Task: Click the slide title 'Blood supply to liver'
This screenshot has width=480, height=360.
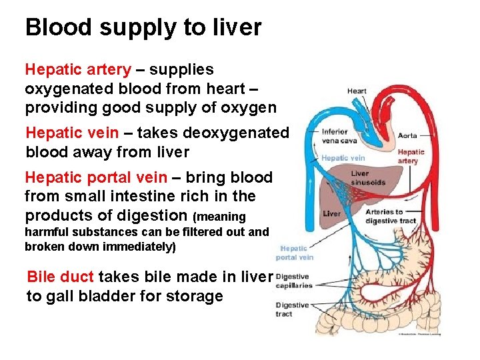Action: click(143, 28)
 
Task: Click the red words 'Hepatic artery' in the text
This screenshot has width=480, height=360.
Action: click(78, 69)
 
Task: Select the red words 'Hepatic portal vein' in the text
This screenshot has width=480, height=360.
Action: click(95, 177)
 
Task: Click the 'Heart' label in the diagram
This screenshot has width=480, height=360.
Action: click(357, 91)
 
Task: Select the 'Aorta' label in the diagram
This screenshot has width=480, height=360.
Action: click(407, 135)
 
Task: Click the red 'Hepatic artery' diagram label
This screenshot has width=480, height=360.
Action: click(411, 157)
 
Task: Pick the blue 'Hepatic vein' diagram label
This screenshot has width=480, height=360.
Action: click(343, 158)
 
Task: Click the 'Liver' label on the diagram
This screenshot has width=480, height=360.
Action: click(331, 214)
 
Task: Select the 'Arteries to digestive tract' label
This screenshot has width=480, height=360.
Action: click(391, 216)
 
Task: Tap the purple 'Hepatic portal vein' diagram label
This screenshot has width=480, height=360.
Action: click(295, 253)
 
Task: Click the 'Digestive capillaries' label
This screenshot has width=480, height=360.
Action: click(293, 281)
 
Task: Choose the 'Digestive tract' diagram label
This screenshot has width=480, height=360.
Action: click(291, 309)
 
